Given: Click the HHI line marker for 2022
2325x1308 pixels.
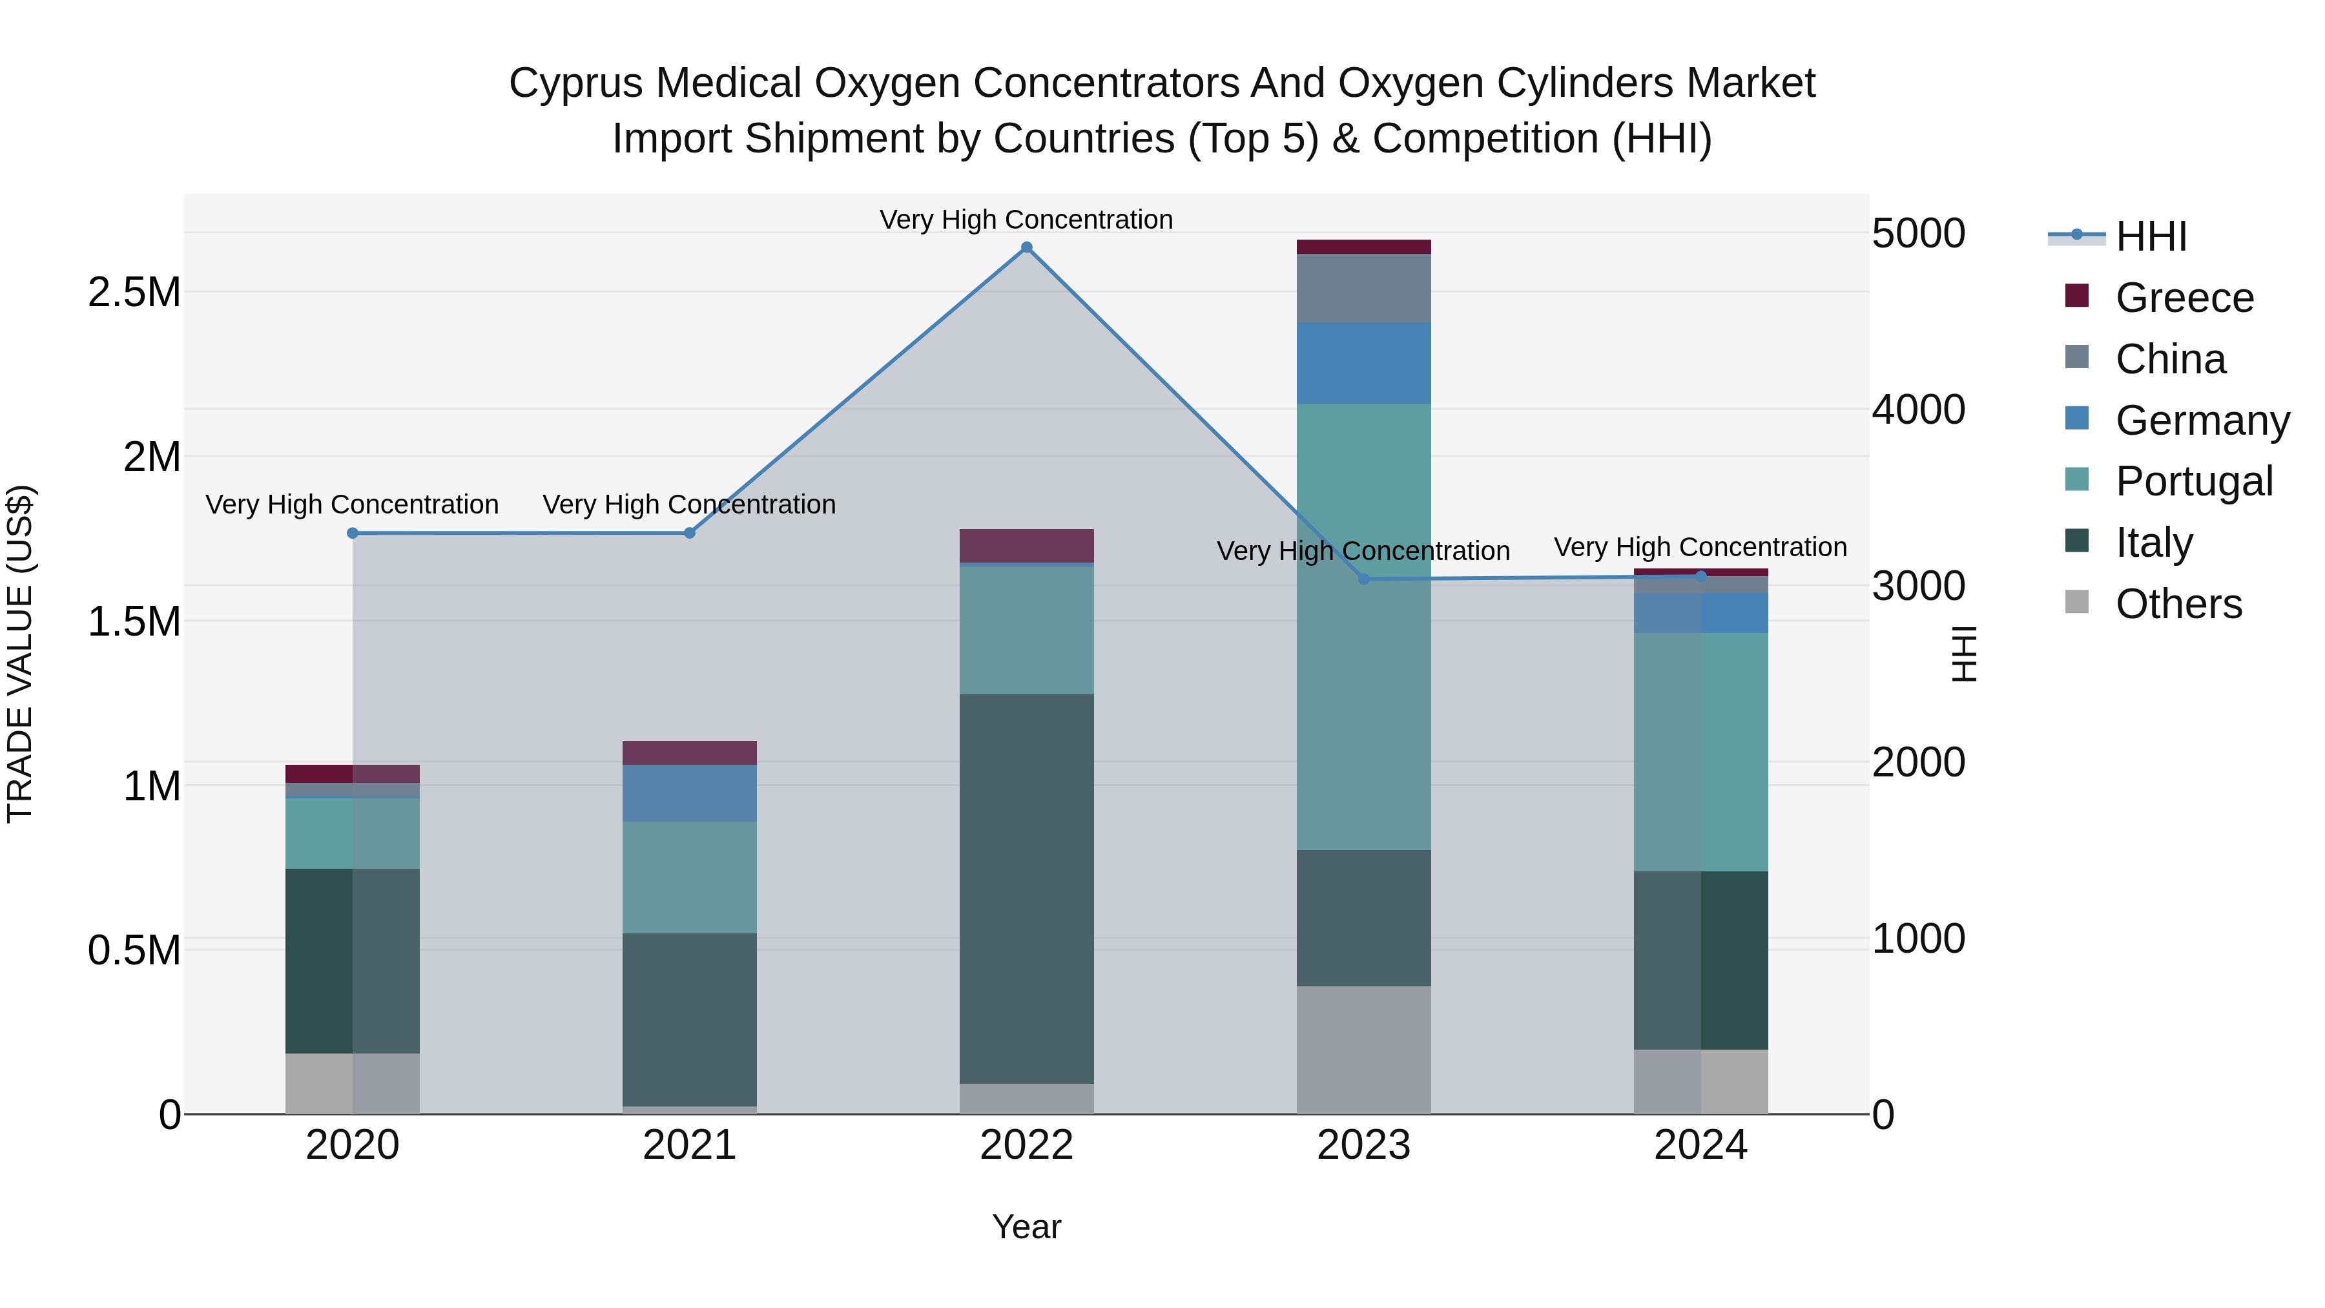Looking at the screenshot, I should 1026,247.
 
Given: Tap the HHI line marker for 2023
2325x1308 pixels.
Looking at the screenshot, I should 1364,579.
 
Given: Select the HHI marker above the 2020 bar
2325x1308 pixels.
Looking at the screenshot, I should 353,534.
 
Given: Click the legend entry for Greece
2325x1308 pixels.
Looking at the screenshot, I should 2184,298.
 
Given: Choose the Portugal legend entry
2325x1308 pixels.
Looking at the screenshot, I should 2193,481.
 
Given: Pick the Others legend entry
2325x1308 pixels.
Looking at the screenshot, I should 2177,604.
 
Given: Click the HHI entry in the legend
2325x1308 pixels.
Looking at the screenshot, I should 2150,236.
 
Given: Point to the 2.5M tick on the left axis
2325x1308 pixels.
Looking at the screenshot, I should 134,293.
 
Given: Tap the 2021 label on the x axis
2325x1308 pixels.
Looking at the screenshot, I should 690,1145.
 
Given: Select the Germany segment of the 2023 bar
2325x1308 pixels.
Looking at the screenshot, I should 1364,363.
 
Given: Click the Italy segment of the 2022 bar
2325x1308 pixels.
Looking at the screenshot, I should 1026,889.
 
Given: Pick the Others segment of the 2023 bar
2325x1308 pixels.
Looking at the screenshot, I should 1364,1050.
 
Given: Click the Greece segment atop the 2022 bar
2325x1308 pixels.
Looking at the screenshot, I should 1026,546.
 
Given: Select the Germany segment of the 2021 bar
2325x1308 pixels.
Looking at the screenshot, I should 690,793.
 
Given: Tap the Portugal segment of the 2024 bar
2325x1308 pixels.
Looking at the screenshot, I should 1700,752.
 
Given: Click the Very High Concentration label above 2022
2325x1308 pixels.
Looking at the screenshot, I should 1026,220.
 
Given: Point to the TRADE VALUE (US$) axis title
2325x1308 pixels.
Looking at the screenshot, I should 20,654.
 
